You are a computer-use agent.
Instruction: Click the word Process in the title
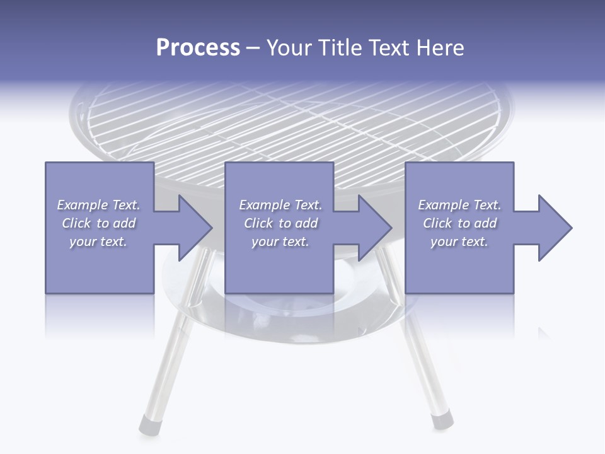click(x=197, y=49)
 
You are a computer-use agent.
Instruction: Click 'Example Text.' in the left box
click(x=98, y=205)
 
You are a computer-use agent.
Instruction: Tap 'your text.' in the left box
click(x=98, y=242)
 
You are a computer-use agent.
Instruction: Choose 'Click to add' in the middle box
click(x=280, y=223)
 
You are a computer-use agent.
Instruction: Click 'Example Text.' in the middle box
click(x=280, y=205)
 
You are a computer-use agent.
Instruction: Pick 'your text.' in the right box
click(x=459, y=242)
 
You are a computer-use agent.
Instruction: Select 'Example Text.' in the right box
click(x=459, y=205)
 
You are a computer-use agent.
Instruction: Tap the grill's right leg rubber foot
click(x=441, y=419)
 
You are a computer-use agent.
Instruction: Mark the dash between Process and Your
click(x=253, y=49)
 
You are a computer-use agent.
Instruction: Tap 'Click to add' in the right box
click(x=459, y=223)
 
